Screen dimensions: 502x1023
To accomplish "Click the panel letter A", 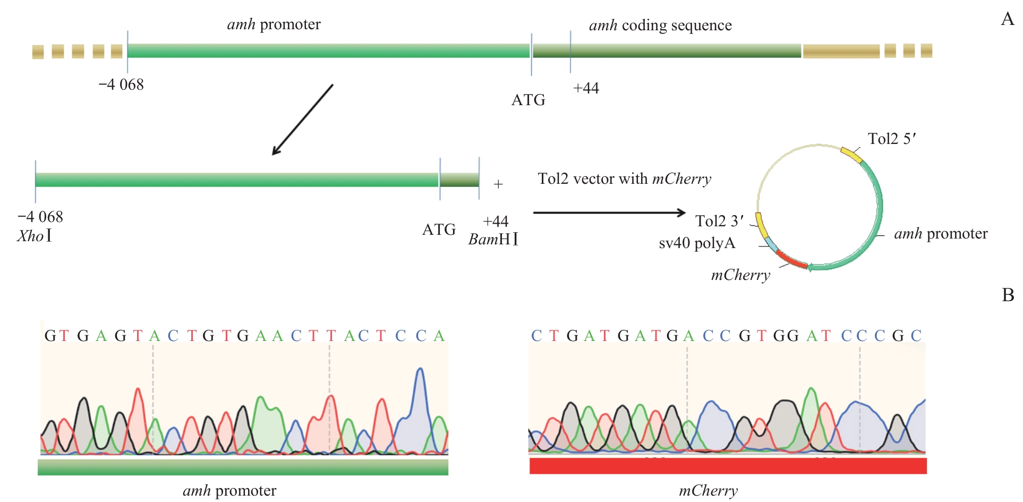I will (x=1007, y=20).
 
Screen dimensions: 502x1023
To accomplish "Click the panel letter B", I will (x=1008, y=295).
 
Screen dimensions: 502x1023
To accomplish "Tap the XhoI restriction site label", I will (x=35, y=236).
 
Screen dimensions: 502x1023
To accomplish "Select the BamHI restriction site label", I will (x=493, y=240).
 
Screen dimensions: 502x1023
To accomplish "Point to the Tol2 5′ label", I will (x=892, y=139).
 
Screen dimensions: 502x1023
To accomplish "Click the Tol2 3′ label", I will (x=719, y=221).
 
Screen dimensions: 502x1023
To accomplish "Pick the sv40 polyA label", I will (x=697, y=243).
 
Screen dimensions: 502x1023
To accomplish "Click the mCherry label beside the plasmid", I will (x=740, y=275).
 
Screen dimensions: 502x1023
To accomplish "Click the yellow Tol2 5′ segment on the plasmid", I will (x=851, y=155).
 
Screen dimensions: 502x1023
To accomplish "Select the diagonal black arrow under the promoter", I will (x=302, y=120).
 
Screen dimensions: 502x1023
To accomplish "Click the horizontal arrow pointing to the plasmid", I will (x=609, y=212).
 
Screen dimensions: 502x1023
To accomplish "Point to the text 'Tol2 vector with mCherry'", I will (x=624, y=179).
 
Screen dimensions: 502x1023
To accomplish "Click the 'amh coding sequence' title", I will (x=660, y=25).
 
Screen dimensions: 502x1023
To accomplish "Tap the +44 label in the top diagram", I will (x=586, y=88).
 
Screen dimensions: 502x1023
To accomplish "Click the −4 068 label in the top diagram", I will (x=121, y=84).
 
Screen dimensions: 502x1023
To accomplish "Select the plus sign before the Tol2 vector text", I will (x=498, y=184).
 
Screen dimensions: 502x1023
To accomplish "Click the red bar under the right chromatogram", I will (x=728, y=466).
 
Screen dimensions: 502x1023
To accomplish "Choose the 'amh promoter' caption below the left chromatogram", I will (x=229, y=491).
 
